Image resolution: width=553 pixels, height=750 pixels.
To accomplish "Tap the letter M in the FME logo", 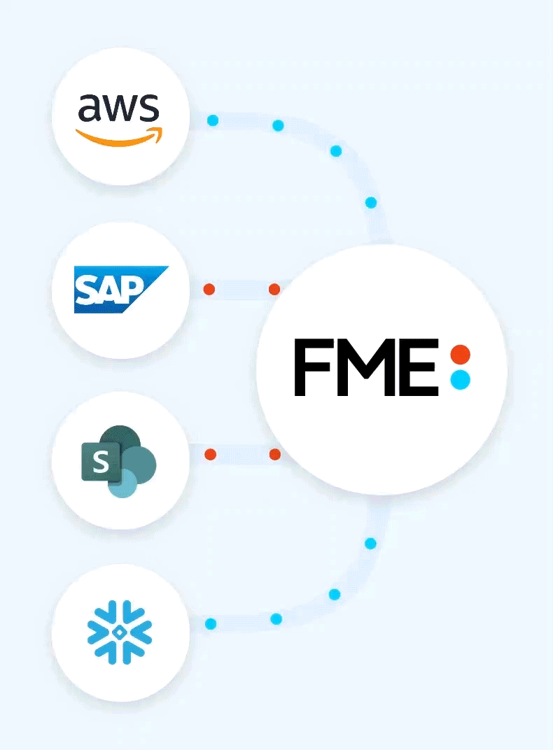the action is coord(366,367).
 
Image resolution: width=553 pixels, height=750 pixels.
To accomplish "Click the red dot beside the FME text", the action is coord(461,355).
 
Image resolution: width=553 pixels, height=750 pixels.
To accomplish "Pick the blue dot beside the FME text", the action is coord(461,380).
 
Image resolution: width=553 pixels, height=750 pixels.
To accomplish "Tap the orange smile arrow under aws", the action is coord(119,136).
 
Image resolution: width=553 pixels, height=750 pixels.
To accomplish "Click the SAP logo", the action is coord(122,290).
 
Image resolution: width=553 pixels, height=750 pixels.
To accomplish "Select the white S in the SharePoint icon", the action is coord(101,462).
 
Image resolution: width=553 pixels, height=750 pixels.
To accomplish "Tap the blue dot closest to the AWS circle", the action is coord(213,120).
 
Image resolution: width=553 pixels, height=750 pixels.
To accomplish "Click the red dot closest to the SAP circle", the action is coord(209,289).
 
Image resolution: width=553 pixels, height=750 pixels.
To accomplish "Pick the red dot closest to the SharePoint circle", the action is coord(210,454).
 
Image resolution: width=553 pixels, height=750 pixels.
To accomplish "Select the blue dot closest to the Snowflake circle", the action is coord(211,624).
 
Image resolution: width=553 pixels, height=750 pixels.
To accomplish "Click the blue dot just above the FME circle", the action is coord(371,202).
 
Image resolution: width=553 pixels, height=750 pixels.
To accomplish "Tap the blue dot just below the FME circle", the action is coord(370,544).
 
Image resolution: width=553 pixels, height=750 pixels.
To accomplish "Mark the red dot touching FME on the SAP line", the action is coord(274,289).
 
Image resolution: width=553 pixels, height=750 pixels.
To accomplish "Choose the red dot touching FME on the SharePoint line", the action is coord(274,454).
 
